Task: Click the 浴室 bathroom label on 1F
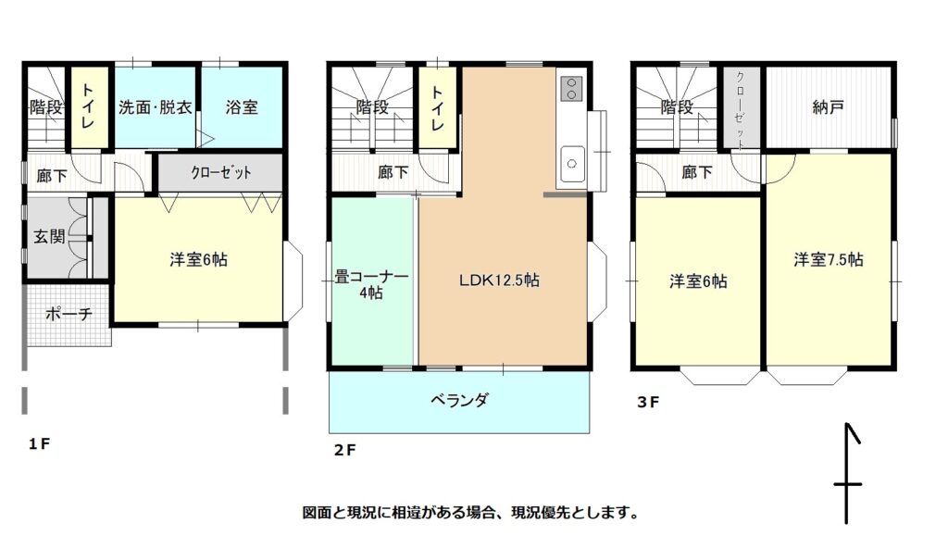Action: pos(242,107)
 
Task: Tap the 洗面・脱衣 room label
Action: pos(156,107)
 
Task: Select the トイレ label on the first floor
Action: pos(88,106)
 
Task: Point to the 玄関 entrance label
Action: pos(49,236)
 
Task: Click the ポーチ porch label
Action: pos(69,314)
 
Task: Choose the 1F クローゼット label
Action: pos(221,173)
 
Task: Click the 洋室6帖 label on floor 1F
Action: pos(198,260)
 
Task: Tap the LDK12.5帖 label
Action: pos(499,280)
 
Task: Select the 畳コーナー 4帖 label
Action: pos(371,285)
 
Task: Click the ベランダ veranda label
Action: pos(459,400)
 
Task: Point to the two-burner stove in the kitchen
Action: pos(571,88)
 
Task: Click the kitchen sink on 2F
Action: pos(572,163)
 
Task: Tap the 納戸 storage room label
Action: pos(829,107)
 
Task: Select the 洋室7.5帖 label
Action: pos(829,260)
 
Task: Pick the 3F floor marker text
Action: pos(647,403)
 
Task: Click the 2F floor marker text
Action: pos(344,451)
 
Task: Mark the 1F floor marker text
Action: pos(39,444)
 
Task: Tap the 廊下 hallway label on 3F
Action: pos(697,173)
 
